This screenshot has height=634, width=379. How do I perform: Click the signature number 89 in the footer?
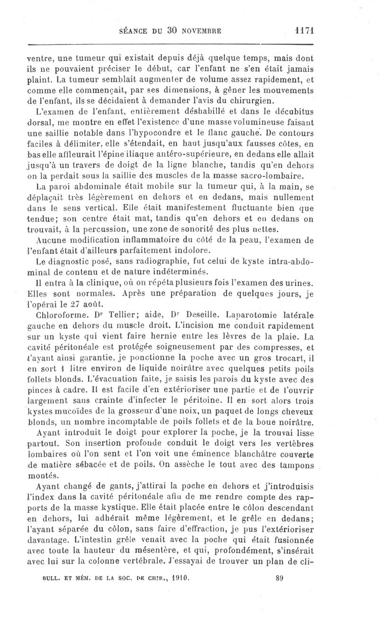click(x=279, y=617)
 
